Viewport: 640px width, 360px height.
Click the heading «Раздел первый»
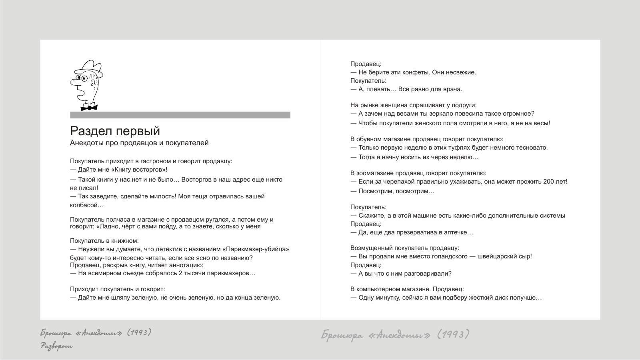tap(115, 131)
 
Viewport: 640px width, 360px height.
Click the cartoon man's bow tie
tap(89, 107)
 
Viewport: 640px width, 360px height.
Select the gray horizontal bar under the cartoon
tap(180, 115)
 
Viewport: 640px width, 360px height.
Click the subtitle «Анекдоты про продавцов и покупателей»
tap(139, 143)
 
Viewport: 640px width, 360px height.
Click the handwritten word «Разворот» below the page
tap(56, 346)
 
